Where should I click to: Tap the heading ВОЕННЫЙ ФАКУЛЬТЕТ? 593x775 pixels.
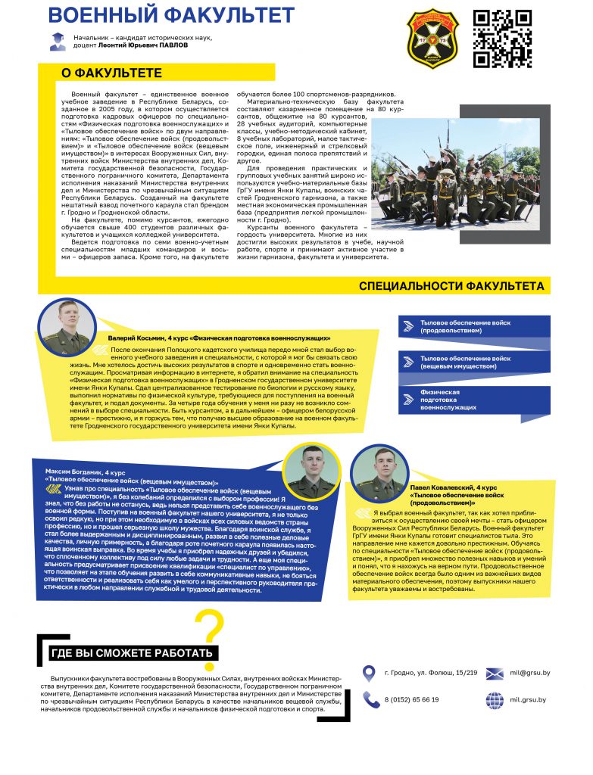(x=171, y=14)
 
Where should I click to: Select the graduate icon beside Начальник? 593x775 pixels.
(x=56, y=42)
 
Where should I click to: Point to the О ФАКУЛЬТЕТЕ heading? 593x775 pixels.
(x=111, y=73)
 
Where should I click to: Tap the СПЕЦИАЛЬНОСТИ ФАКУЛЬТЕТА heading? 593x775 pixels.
(x=451, y=286)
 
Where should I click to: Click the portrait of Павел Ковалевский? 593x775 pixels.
(x=379, y=472)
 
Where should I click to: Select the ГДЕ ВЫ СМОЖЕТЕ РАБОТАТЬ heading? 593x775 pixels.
(x=132, y=653)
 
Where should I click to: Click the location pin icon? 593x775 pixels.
(x=369, y=673)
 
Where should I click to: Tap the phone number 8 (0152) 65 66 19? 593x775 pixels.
(x=411, y=699)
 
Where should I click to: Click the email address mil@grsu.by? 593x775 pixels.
(x=529, y=673)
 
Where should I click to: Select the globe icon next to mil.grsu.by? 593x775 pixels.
(x=495, y=699)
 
